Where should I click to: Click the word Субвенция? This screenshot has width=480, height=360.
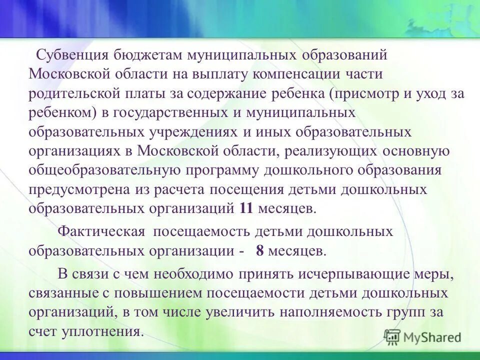(x=71, y=55)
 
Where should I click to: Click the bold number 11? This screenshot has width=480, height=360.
(x=246, y=208)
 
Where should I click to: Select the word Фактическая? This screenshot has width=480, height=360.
(x=101, y=232)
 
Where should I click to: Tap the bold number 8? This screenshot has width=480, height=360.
(x=259, y=251)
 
